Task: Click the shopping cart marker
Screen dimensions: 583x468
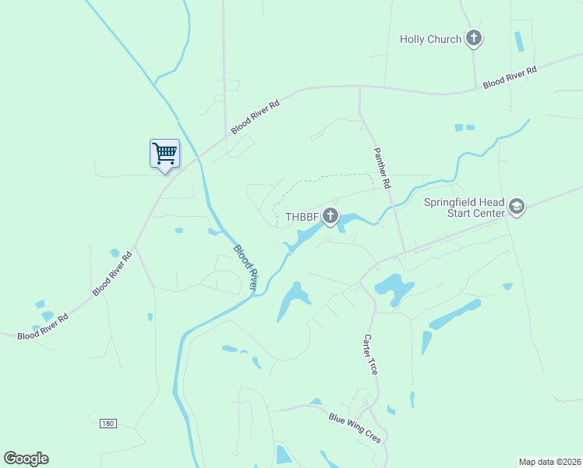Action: (x=164, y=153)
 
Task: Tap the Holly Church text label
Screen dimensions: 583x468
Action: (x=430, y=39)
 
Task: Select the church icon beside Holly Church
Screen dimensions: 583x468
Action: (x=473, y=37)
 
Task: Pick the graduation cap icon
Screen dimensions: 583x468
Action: (x=516, y=206)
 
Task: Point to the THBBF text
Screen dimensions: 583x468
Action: (x=302, y=217)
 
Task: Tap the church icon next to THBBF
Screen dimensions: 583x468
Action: (x=330, y=216)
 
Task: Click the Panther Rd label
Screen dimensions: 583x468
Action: (x=381, y=168)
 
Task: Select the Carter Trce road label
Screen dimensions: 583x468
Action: (x=370, y=355)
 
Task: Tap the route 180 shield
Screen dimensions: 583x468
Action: (x=108, y=424)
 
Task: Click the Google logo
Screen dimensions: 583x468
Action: (x=26, y=459)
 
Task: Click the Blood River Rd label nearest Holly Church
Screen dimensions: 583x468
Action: (x=510, y=76)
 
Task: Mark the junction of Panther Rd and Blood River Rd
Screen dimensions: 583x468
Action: (x=359, y=88)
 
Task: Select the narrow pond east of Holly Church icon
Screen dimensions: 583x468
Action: (x=519, y=41)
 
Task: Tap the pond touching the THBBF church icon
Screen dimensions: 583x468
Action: (x=350, y=221)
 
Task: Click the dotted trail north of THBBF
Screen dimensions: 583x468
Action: (x=327, y=178)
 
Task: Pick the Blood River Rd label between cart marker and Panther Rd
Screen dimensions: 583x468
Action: (x=254, y=116)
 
